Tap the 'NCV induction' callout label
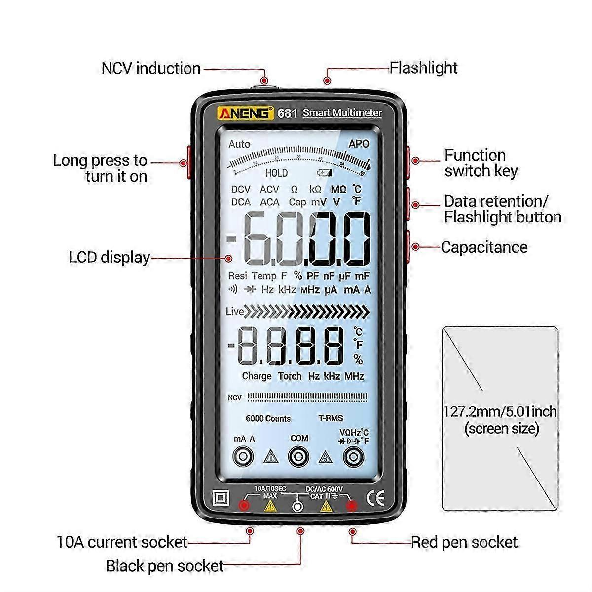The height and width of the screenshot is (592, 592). click(151, 68)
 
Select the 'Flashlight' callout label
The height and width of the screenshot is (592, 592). click(423, 68)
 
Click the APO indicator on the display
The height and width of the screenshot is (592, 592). click(359, 144)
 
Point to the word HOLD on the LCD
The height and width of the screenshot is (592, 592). click(276, 173)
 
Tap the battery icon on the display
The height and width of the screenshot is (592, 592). click(325, 173)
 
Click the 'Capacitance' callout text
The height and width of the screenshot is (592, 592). click(484, 247)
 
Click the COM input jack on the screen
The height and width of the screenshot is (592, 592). click(299, 457)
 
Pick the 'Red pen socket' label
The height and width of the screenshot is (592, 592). click(464, 542)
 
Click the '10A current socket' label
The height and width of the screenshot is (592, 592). click(122, 542)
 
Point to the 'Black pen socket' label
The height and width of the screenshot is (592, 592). click(165, 566)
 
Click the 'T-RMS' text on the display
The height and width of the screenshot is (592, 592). click(331, 418)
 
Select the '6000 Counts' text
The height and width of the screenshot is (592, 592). click(268, 419)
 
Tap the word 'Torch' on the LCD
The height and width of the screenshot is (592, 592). click(290, 376)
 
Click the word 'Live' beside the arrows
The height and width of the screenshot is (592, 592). click(234, 311)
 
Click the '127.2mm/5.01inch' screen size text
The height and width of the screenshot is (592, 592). click(500, 411)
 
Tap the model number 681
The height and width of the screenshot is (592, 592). click(287, 113)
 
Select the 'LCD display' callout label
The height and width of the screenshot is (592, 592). click(109, 258)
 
